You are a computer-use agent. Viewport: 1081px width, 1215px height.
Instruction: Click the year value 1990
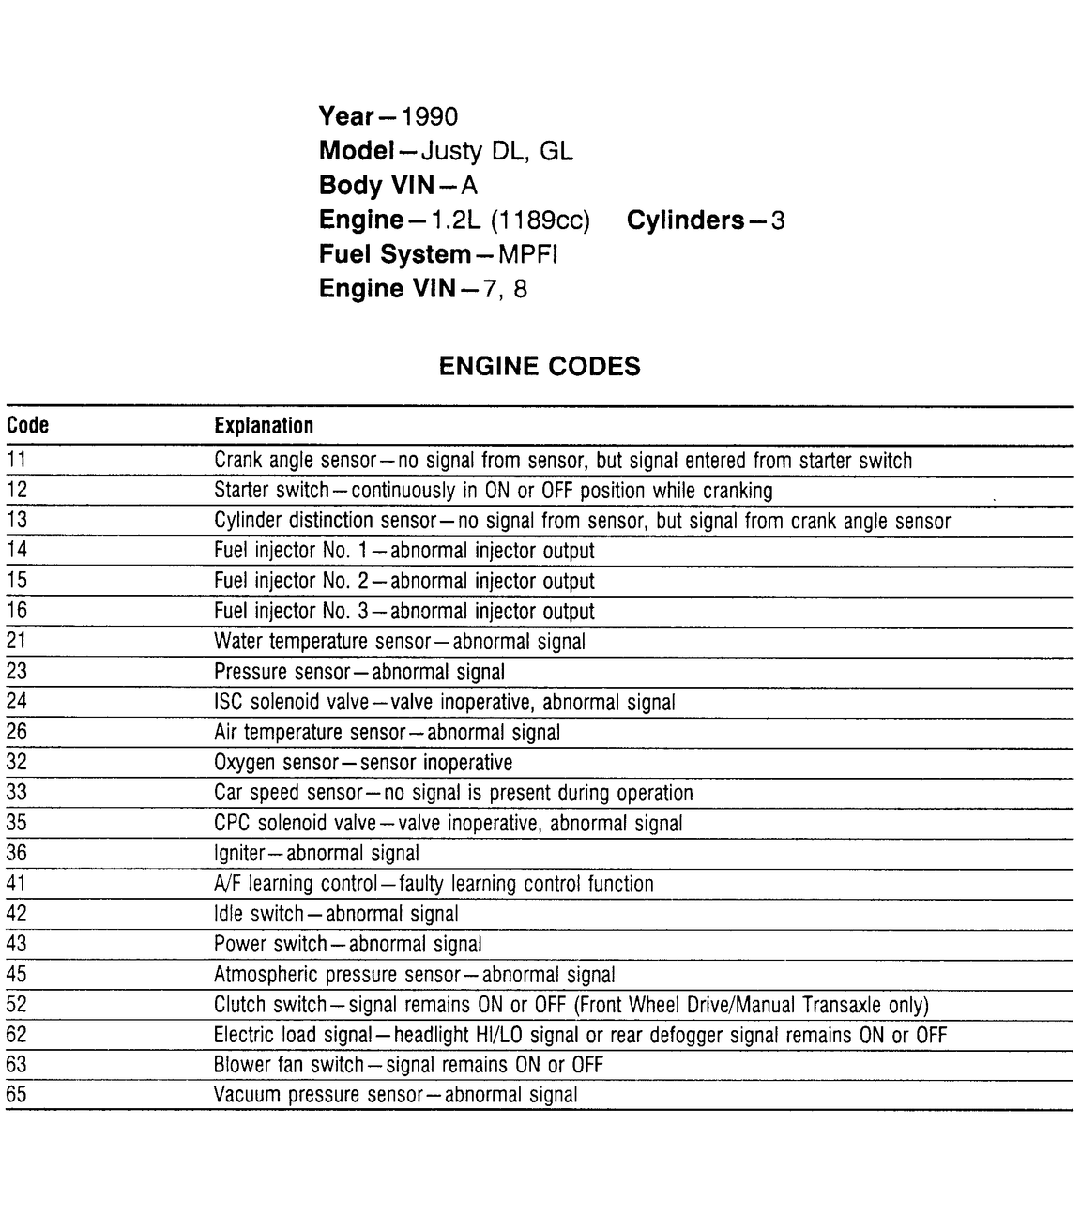(x=429, y=117)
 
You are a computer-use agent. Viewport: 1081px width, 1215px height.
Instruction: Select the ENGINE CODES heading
(x=540, y=366)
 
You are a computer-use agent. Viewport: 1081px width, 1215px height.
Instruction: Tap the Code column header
(x=27, y=426)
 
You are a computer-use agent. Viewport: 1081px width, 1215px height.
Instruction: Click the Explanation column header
(x=264, y=426)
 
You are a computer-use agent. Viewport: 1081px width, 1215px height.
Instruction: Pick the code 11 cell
(x=17, y=461)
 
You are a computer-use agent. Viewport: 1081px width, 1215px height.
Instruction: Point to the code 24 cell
(x=17, y=702)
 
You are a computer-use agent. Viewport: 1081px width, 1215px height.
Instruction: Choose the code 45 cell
(x=17, y=974)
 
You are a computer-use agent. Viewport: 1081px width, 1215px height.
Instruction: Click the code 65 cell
(x=17, y=1094)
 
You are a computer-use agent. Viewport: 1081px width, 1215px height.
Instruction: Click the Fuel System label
(x=394, y=254)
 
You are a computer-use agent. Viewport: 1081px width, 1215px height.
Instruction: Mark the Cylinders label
(x=685, y=220)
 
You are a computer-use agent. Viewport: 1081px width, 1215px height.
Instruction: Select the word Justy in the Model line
(x=451, y=151)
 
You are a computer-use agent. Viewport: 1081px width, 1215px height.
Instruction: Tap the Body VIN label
(x=376, y=186)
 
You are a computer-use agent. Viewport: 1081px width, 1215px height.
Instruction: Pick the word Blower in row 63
(x=241, y=1065)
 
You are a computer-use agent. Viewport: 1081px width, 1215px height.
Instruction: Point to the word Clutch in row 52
(x=239, y=1005)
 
